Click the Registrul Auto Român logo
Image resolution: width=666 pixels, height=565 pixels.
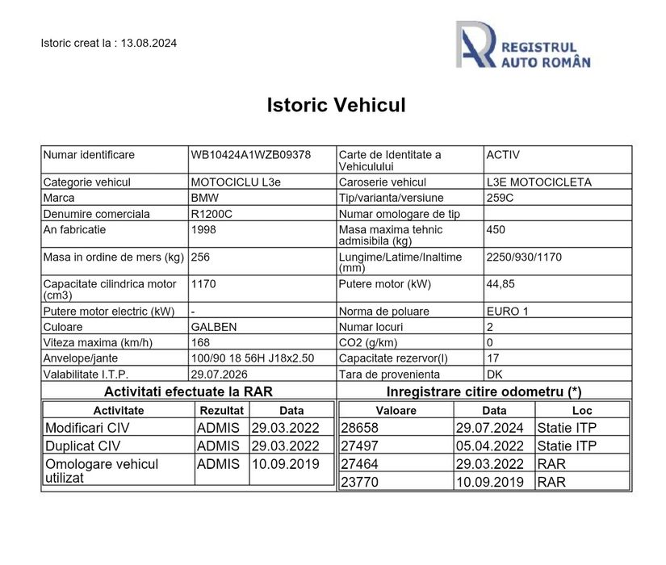click(522, 47)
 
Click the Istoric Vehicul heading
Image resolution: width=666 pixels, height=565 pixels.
click(336, 105)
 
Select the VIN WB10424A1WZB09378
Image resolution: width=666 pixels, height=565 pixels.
click(250, 154)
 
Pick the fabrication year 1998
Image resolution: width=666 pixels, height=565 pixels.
click(203, 229)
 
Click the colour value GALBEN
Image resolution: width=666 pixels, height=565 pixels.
click(214, 326)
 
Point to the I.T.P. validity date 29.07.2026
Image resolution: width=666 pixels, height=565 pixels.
click(219, 374)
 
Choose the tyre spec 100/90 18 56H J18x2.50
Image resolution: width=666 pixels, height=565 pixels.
click(252, 358)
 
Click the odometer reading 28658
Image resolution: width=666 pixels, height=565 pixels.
click(360, 428)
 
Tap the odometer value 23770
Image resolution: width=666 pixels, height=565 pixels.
click(360, 482)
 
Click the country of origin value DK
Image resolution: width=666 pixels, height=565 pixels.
click(495, 374)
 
